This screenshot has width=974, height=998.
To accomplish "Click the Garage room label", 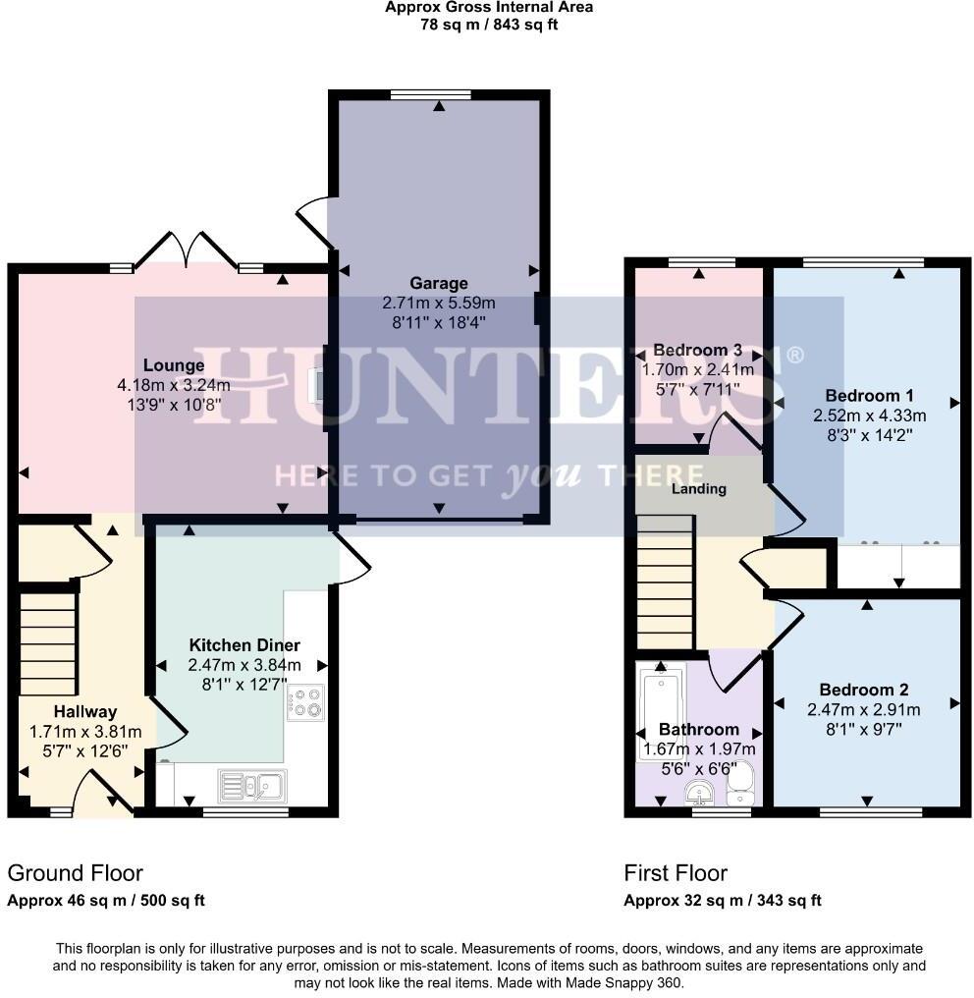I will coord(439,284).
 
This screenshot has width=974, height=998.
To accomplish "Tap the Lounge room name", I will coord(173,366).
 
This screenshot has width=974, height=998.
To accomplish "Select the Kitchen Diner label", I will coord(244,645).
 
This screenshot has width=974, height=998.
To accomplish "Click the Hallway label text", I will coord(85,711).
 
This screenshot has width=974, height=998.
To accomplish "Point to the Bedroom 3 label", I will coord(697,351).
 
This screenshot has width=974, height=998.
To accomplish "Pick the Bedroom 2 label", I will coord(864,690).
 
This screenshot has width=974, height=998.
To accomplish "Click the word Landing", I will coord(699,488).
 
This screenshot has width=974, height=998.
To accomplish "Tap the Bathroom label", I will coord(698,730).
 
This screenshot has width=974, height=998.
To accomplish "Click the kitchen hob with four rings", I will coord(304,703).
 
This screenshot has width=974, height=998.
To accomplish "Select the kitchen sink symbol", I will coord(252,785).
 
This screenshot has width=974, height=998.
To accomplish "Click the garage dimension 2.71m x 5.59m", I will coord(439,303).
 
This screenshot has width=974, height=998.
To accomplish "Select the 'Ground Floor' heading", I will coord(76,873).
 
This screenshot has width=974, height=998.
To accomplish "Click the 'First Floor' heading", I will coord(676,873).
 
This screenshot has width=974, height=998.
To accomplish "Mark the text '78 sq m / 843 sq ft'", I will coord(488,25).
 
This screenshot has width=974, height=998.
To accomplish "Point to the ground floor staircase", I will coord(48,639).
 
